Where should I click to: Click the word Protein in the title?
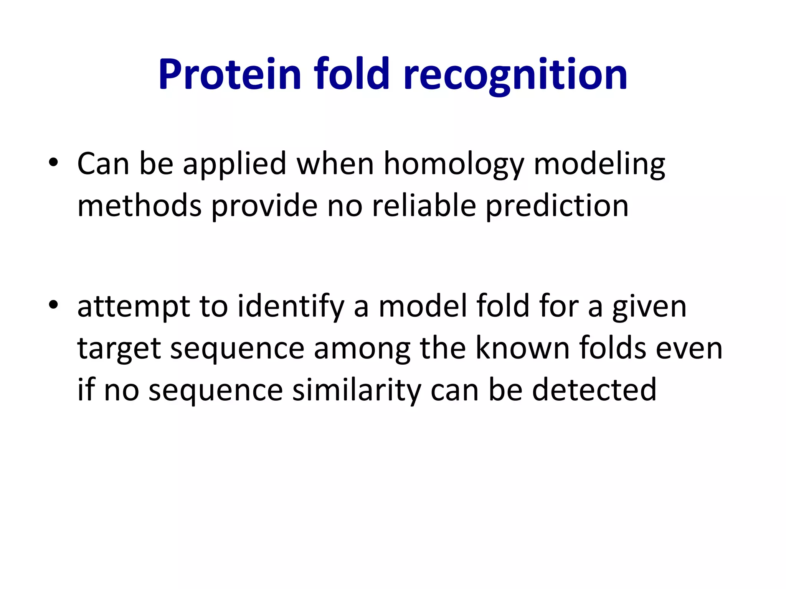pyautogui.click(x=230, y=75)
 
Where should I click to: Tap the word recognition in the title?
pyautogui.click(x=515, y=75)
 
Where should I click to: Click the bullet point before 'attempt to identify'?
pyautogui.click(x=53, y=305)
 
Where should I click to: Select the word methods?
pyautogui.click(x=139, y=206)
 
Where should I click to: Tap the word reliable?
pyautogui.click(x=424, y=206)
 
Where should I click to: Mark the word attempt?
pyautogui.click(x=134, y=308)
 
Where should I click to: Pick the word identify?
pyautogui.click(x=291, y=308)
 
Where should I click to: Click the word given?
pyautogui.click(x=649, y=308)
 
